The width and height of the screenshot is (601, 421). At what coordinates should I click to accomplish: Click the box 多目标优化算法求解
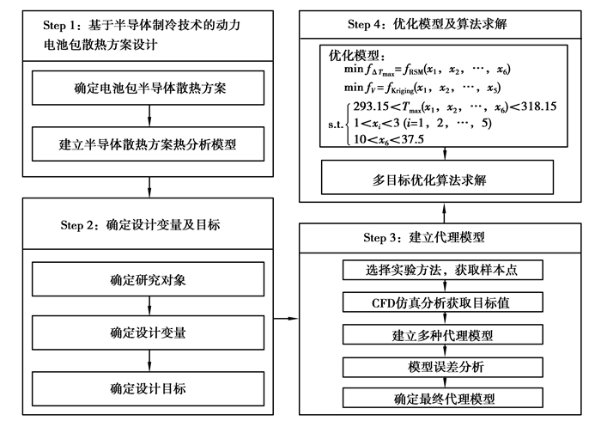(x=443, y=180)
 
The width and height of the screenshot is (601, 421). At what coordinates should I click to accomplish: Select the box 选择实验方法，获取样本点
(x=444, y=271)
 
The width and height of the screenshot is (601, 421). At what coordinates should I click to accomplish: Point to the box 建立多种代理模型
(x=444, y=334)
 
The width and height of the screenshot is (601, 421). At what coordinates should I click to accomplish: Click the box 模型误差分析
(x=444, y=367)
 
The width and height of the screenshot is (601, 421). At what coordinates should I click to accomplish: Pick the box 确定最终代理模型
(x=444, y=399)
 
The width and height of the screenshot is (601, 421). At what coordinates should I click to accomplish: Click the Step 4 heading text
(x=444, y=24)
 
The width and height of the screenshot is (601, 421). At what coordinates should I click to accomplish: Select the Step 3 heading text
(x=444, y=237)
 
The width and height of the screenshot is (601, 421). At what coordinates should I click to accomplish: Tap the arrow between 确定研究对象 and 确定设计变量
(x=149, y=306)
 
